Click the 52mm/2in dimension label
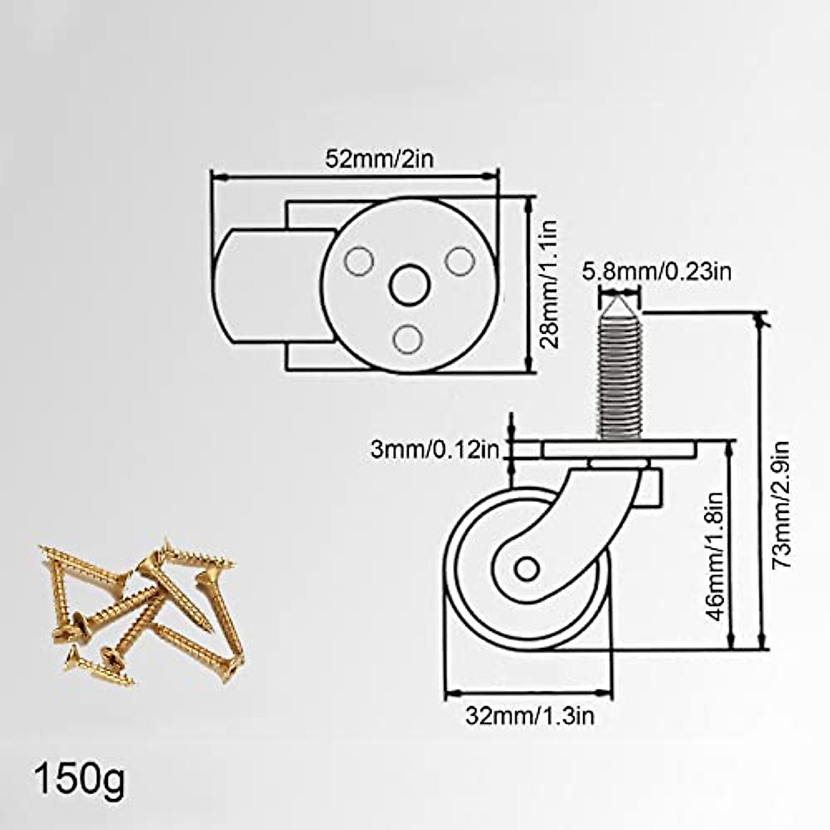point(379,158)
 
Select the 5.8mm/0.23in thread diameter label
point(656,271)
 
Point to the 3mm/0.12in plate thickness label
point(434,450)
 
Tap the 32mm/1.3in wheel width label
point(529,716)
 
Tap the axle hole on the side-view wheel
point(526,569)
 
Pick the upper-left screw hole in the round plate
point(358,261)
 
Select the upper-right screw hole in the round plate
point(457,261)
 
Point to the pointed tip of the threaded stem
point(619,304)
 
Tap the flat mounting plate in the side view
point(619,450)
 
